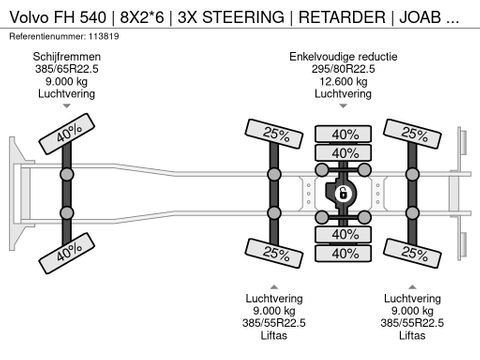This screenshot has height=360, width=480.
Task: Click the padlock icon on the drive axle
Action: (341, 192)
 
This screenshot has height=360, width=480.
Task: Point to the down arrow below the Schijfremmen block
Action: (66, 103)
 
